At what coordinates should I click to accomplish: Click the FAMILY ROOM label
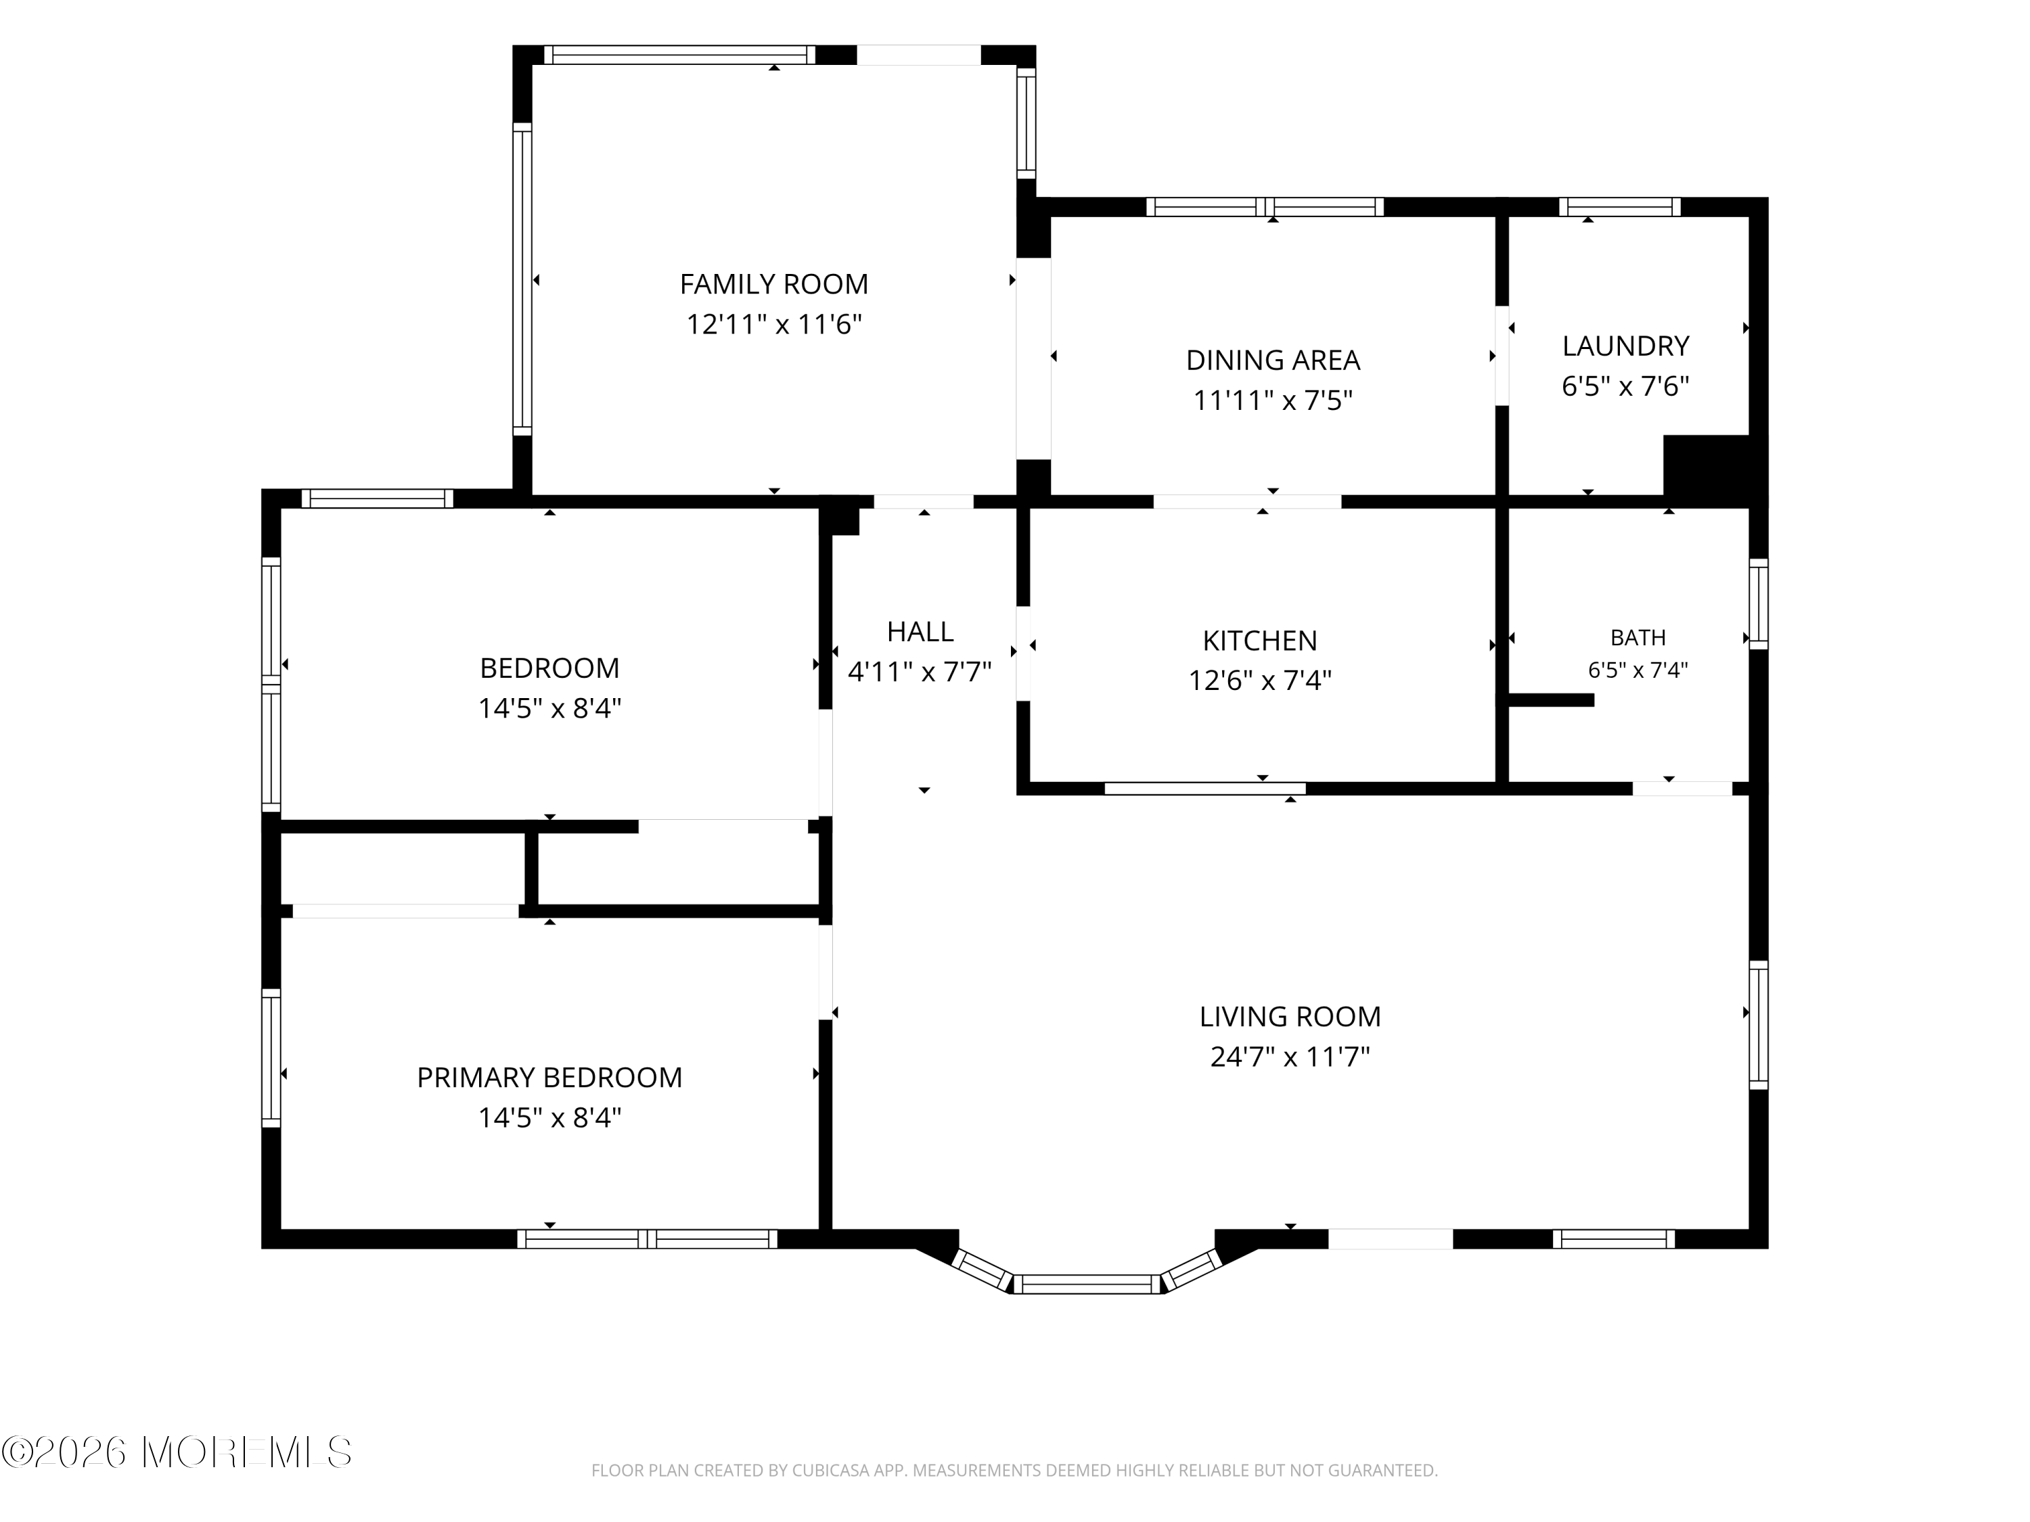coord(773,284)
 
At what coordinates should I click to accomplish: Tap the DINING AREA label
coord(1273,361)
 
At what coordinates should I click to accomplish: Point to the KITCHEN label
coord(1259,641)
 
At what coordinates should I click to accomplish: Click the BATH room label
coord(1638,638)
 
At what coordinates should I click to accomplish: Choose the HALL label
coord(920,631)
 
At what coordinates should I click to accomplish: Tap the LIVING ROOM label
coord(1290,1017)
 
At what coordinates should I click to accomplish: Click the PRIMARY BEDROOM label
coord(549,1077)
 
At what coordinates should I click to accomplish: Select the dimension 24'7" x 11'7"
coord(1290,1057)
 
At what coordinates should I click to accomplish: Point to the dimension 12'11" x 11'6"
coord(773,325)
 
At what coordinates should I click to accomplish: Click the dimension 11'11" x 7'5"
coord(1273,401)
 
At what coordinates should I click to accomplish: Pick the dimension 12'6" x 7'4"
coord(1259,681)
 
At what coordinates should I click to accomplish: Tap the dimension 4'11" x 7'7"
coord(920,672)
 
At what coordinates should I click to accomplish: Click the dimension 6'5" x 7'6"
coord(1625,386)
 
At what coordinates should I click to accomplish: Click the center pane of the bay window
coord(1087,1285)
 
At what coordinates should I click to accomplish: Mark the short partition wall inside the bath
coord(1551,700)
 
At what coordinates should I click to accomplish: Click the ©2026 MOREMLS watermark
coord(176,1452)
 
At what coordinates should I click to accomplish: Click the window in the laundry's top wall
coord(1620,208)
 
